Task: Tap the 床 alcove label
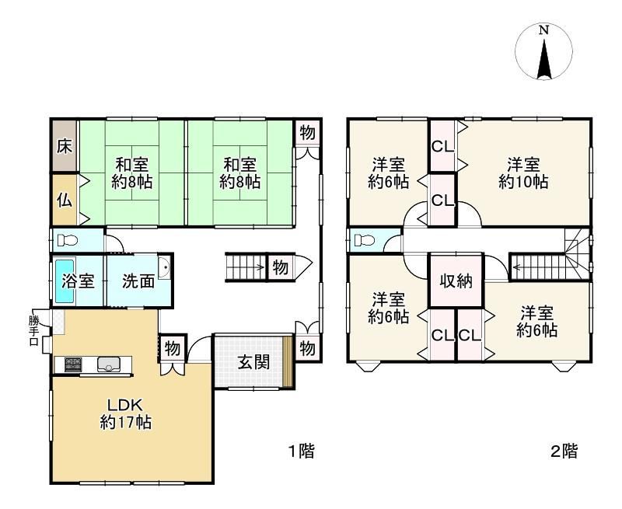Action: [x=65, y=146]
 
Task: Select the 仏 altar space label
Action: [x=65, y=200]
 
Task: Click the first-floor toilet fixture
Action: [x=67, y=240]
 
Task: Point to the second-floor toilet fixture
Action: [x=364, y=240]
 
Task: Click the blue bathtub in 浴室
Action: [x=65, y=281]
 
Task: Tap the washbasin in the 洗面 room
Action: [x=164, y=268]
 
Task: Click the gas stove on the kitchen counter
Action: [x=73, y=364]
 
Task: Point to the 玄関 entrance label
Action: [x=254, y=362]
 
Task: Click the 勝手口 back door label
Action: [x=33, y=331]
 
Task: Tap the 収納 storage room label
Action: [x=456, y=281]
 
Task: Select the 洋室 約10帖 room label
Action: [x=523, y=173]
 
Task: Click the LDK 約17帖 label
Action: [x=125, y=414]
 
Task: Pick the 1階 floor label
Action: [x=301, y=451]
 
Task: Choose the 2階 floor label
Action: [x=564, y=451]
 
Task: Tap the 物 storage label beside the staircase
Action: [x=281, y=267]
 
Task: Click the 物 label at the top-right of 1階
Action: [x=307, y=132]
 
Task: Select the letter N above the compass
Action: [x=543, y=30]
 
